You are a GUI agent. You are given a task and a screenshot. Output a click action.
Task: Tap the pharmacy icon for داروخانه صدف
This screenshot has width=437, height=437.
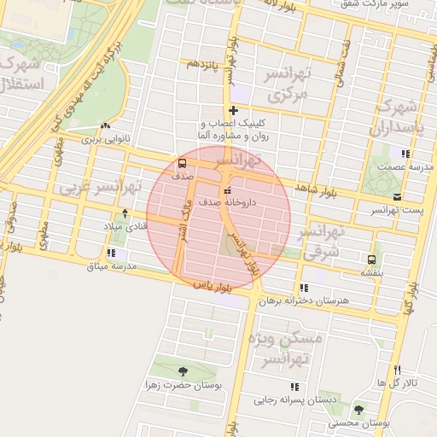226,190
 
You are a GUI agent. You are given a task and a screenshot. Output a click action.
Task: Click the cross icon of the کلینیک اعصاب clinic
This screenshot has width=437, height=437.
233,110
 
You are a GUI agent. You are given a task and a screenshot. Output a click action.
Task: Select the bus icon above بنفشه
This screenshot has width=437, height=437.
371,259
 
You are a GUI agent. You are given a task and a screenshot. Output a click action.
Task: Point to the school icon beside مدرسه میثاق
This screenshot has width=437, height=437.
112,253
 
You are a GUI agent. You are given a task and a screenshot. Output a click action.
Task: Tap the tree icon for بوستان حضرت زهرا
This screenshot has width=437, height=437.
184,370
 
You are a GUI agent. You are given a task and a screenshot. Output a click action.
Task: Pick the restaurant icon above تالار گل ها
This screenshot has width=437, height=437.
397,369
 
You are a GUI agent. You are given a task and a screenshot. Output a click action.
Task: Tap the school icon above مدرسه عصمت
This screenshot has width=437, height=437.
405,154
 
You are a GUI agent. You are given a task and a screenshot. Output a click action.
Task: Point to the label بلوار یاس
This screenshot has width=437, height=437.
213,286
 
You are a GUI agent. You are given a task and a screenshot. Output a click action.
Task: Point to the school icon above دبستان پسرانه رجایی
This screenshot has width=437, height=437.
295,387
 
